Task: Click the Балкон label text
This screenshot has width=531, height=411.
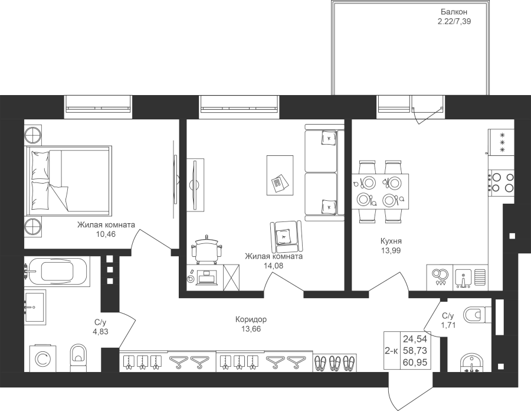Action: (x=454, y=12)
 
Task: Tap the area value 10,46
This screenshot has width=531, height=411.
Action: (x=106, y=234)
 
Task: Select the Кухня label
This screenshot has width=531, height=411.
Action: (x=391, y=242)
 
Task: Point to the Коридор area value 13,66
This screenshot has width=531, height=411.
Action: (x=251, y=329)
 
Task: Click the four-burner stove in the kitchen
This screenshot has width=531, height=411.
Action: (x=501, y=182)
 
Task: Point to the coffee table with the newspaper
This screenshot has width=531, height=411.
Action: (x=280, y=175)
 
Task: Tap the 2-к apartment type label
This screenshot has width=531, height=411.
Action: (x=392, y=351)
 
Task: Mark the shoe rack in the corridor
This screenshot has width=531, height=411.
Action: (x=335, y=363)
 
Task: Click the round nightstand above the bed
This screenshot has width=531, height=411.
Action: (x=33, y=135)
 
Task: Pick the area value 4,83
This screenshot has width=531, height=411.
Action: (x=100, y=331)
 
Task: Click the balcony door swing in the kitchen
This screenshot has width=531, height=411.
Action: (x=428, y=115)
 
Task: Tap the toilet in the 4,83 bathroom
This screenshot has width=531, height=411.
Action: (x=78, y=358)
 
